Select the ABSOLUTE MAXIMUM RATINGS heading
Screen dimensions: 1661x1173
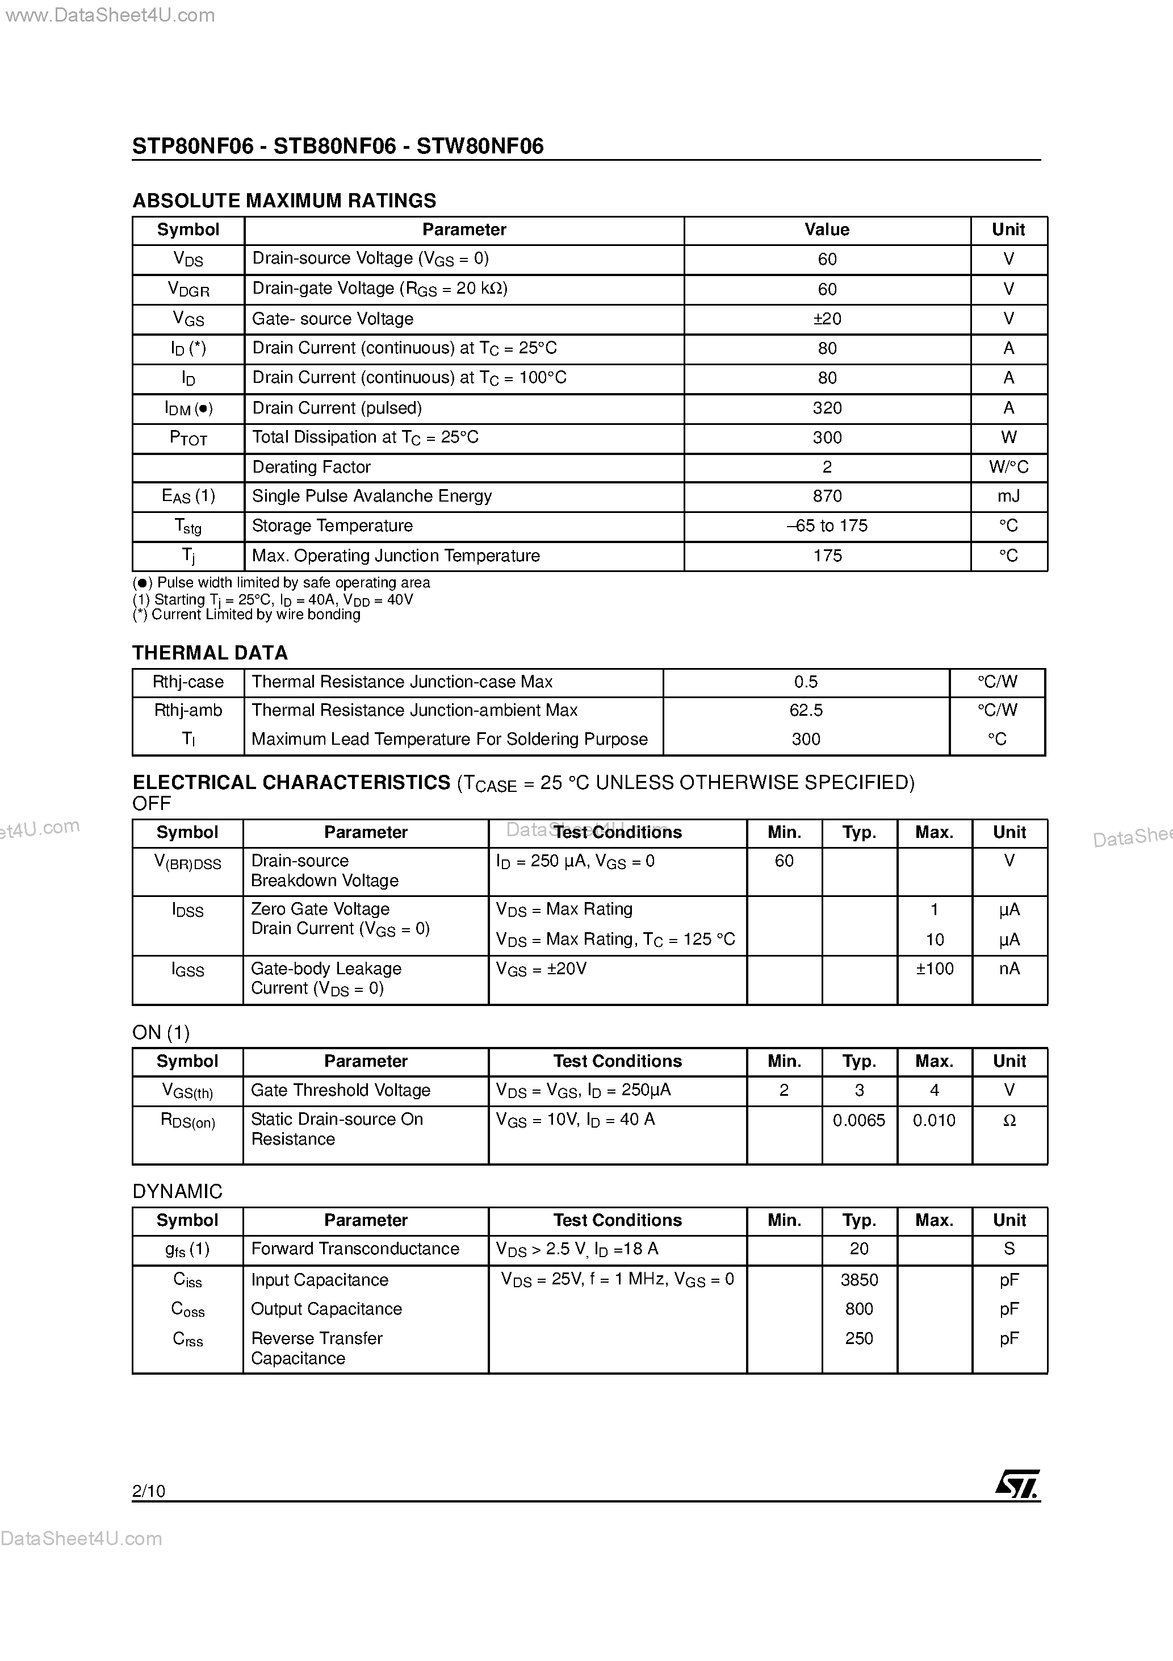[x=284, y=201]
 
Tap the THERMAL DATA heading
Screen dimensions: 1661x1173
[x=210, y=653]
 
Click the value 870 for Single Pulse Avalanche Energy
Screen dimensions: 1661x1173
[x=827, y=496]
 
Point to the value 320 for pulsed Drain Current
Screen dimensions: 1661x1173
[x=827, y=408]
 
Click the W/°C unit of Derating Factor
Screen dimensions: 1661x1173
[x=1008, y=468]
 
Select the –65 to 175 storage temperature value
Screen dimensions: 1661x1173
[x=827, y=526]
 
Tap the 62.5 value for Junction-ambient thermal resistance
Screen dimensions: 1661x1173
[x=806, y=711]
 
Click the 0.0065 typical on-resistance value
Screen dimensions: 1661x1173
[x=858, y=1121]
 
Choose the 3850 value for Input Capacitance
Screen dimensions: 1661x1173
[x=858, y=1280]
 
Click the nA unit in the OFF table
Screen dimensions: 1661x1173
[x=1009, y=969]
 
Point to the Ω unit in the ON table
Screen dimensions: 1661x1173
[x=1009, y=1121]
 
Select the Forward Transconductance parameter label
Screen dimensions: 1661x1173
[x=355, y=1249]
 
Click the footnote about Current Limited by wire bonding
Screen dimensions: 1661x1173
[x=246, y=614]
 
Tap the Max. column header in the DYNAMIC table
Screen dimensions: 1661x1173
[x=933, y=1220]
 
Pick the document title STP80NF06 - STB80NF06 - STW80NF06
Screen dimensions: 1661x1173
[x=338, y=146]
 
